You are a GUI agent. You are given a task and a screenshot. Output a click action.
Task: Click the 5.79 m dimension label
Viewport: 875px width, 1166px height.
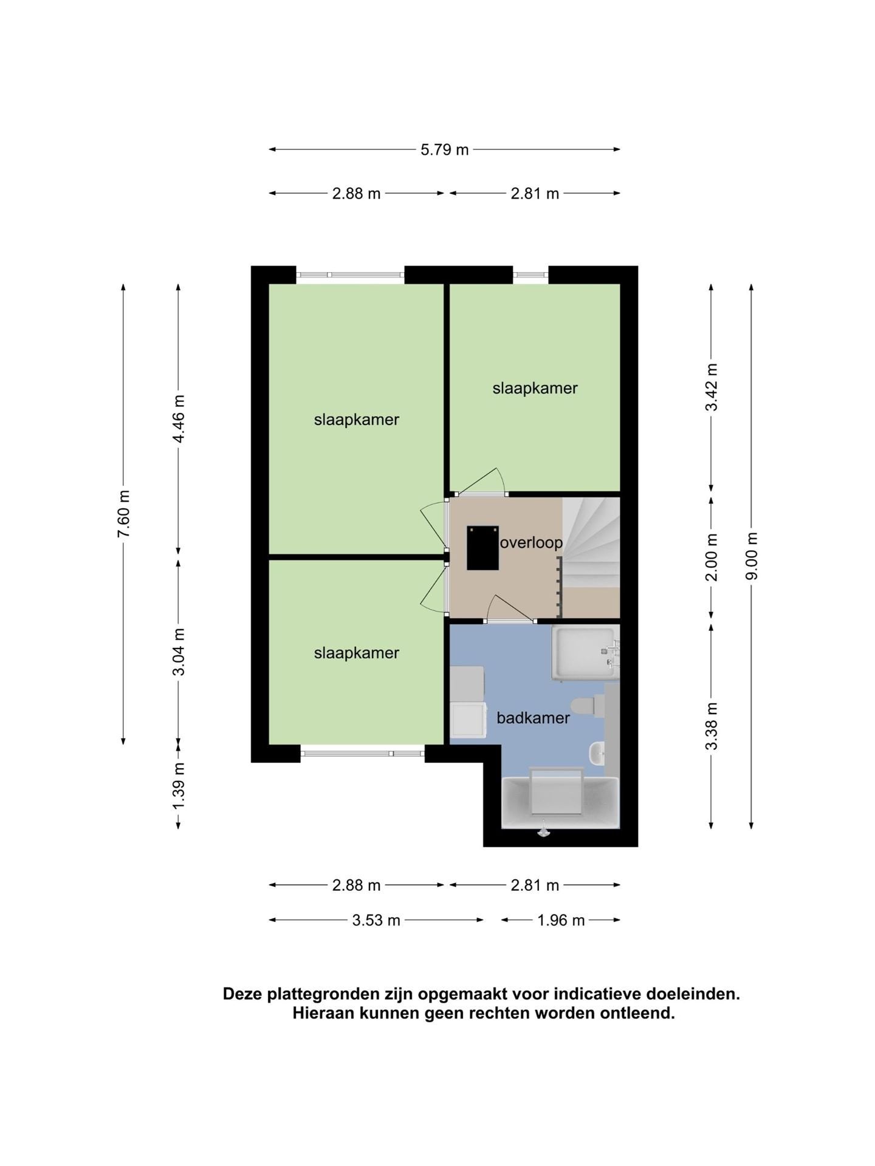(444, 149)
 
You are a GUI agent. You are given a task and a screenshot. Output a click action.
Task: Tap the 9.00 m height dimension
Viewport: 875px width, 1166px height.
(752, 556)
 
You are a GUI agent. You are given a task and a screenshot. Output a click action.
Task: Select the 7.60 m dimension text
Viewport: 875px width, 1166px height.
(123, 514)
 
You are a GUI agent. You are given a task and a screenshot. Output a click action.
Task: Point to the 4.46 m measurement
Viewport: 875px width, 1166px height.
(179, 419)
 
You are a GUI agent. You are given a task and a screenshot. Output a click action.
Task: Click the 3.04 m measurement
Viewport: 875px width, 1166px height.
(179, 652)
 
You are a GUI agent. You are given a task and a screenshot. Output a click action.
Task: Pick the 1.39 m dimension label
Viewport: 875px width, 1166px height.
(179, 785)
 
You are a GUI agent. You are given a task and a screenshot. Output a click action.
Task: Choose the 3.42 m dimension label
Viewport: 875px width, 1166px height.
(712, 387)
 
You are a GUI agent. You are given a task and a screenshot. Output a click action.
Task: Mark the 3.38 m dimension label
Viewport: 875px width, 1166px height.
(712, 726)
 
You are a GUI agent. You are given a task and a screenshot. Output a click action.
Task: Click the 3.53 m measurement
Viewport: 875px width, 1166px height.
(376, 920)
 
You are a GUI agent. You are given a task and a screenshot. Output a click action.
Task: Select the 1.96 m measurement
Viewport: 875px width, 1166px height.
(561, 920)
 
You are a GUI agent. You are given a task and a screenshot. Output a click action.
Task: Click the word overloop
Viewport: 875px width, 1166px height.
(531, 542)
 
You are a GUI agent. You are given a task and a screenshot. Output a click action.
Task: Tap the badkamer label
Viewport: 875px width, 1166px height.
(533, 718)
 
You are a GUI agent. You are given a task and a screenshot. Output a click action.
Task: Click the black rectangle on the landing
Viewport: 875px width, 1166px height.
(482, 548)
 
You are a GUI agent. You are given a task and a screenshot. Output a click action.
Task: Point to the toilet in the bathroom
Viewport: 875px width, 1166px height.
(591, 706)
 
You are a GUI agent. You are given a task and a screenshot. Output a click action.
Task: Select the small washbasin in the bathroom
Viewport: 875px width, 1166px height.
(597, 754)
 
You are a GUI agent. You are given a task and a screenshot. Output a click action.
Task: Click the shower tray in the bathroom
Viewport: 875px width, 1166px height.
(584, 653)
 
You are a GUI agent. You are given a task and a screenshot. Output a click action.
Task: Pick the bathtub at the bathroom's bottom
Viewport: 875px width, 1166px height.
(560, 802)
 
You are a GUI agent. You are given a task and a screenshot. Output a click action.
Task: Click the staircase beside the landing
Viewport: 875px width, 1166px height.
(591, 542)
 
